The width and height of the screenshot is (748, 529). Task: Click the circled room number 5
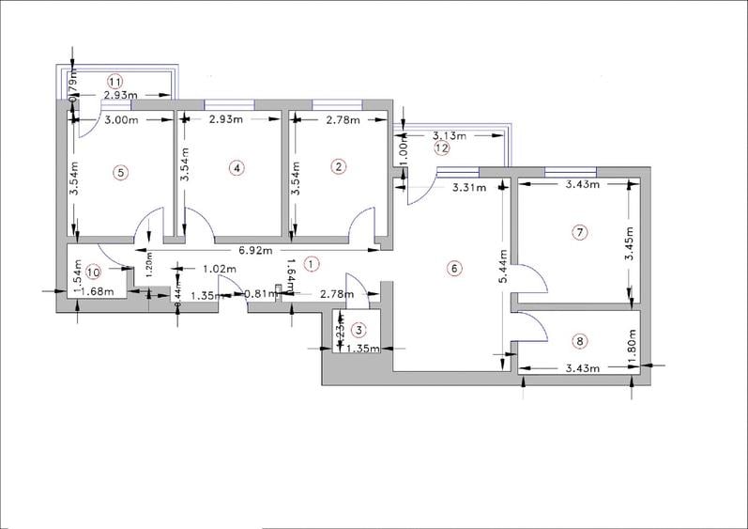point(119,172)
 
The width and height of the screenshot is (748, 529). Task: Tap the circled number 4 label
point(237,167)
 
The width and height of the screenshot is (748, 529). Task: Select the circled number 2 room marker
point(339,167)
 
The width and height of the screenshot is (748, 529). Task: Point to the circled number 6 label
point(453,269)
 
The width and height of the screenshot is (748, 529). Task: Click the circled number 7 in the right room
point(580,231)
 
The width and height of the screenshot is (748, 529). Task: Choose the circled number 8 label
point(580,341)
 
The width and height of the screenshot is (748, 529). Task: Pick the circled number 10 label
point(92,272)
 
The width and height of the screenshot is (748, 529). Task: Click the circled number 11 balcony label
point(115,80)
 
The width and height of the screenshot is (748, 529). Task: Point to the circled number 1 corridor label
point(313,265)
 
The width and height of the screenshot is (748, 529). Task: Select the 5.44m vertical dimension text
point(504,268)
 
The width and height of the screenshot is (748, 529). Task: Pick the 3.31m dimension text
point(468,188)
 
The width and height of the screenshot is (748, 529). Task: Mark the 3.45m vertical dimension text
point(630,244)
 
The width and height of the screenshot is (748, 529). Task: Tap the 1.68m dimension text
point(98,291)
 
